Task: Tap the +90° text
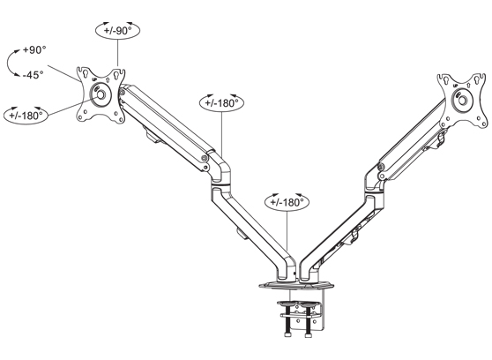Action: point(34,52)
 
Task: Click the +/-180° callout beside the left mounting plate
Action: point(27,116)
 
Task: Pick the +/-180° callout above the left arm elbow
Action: point(224,102)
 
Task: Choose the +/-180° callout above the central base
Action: point(287,202)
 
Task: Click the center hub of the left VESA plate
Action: point(100,93)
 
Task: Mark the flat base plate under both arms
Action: point(295,286)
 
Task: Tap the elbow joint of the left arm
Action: point(217,168)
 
